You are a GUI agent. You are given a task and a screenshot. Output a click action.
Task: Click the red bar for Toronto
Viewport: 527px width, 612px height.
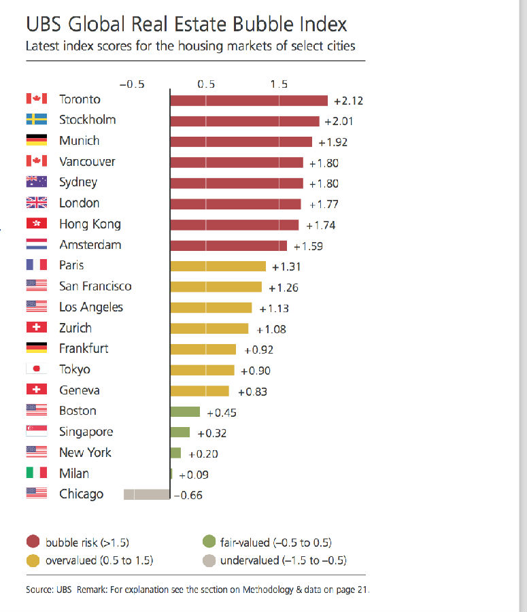point(248,101)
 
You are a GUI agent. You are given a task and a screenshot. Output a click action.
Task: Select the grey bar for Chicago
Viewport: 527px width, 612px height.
point(146,495)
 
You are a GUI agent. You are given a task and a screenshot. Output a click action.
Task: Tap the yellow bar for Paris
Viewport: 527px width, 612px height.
point(218,266)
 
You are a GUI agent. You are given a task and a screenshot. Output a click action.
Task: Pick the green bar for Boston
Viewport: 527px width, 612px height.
point(185,411)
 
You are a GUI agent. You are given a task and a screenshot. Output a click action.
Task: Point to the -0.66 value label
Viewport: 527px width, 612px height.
point(188,496)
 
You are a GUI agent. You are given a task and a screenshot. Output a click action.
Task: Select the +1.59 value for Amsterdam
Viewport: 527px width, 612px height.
point(308,246)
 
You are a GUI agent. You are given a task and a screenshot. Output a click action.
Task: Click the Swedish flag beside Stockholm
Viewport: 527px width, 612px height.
point(36,120)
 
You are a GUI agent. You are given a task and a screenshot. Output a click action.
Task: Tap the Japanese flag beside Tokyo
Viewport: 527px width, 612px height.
point(36,369)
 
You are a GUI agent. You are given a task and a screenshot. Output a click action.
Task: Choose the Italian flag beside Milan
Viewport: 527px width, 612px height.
point(36,473)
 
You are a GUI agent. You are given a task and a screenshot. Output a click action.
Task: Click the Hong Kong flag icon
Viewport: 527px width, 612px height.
point(36,224)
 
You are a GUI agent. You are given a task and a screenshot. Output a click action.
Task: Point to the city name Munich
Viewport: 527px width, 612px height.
point(79,141)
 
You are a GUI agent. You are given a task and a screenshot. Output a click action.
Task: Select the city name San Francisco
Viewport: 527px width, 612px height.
point(95,286)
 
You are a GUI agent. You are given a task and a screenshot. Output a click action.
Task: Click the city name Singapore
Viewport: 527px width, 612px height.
point(86,432)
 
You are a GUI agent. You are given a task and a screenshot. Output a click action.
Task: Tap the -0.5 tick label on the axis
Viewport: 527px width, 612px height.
point(132,84)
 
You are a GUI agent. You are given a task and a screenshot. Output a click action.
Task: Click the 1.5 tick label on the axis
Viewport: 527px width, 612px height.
point(278,84)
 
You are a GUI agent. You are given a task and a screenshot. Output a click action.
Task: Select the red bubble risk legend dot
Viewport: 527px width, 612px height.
point(33,543)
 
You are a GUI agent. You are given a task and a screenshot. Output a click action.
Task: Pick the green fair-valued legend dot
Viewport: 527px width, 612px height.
point(209,543)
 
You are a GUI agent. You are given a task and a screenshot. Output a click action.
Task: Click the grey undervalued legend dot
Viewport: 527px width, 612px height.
point(209,560)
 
